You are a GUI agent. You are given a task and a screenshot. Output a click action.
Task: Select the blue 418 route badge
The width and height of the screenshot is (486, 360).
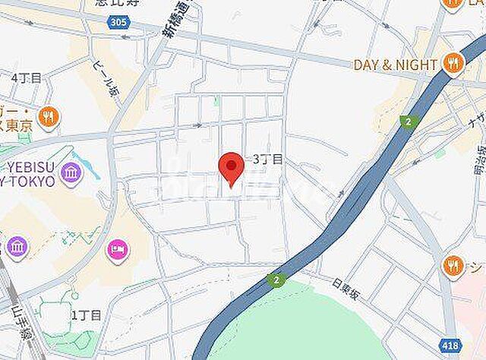click(471, 346)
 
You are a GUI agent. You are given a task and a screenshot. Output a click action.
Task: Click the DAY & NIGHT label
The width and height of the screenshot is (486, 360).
click(395, 65)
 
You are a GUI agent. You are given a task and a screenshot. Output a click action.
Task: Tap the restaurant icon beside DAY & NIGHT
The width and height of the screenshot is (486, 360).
click(453, 64)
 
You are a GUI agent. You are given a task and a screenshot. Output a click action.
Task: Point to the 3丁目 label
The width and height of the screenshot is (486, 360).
click(267, 159)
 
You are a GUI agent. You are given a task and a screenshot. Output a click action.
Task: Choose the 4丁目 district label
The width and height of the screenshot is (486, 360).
click(27, 77)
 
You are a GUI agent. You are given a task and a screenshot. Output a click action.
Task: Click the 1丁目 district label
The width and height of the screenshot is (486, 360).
click(86, 314)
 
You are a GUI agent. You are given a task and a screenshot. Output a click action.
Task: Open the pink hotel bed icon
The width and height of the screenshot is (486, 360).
click(118, 248)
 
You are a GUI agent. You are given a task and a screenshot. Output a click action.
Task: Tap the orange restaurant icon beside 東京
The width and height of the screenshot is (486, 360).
click(49, 117)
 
